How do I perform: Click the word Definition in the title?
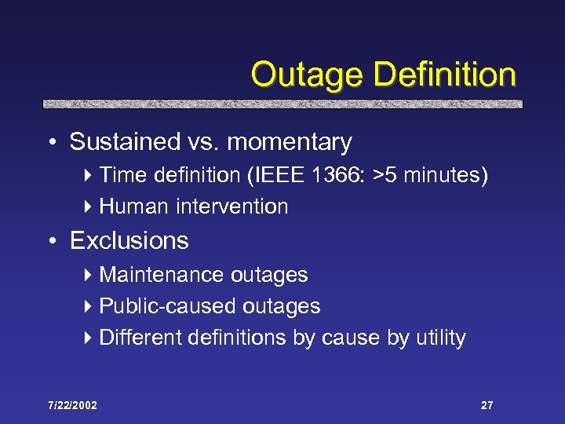(445, 75)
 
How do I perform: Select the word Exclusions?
(129, 240)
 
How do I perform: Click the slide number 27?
(487, 405)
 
